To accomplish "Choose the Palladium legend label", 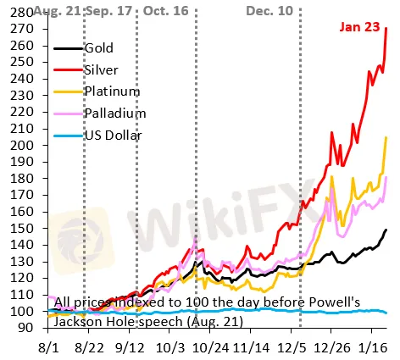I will tap(116, 113).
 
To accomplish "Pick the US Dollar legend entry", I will tap(116, 134).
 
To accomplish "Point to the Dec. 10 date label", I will tap(271, 9).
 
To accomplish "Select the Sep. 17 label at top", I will tap(106, 9).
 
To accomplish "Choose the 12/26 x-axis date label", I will tap(335, 347).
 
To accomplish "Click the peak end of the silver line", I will tap(387, 29).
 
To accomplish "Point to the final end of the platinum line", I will tap(387, 138).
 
